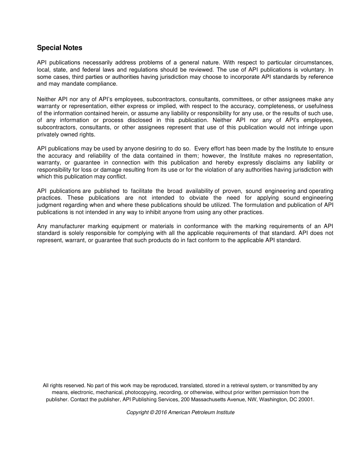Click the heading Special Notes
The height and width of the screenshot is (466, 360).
click(x=59, y=48)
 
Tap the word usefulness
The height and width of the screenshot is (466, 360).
click(x=318, y=106)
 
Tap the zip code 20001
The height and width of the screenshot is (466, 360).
click(x=306, y=399)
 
